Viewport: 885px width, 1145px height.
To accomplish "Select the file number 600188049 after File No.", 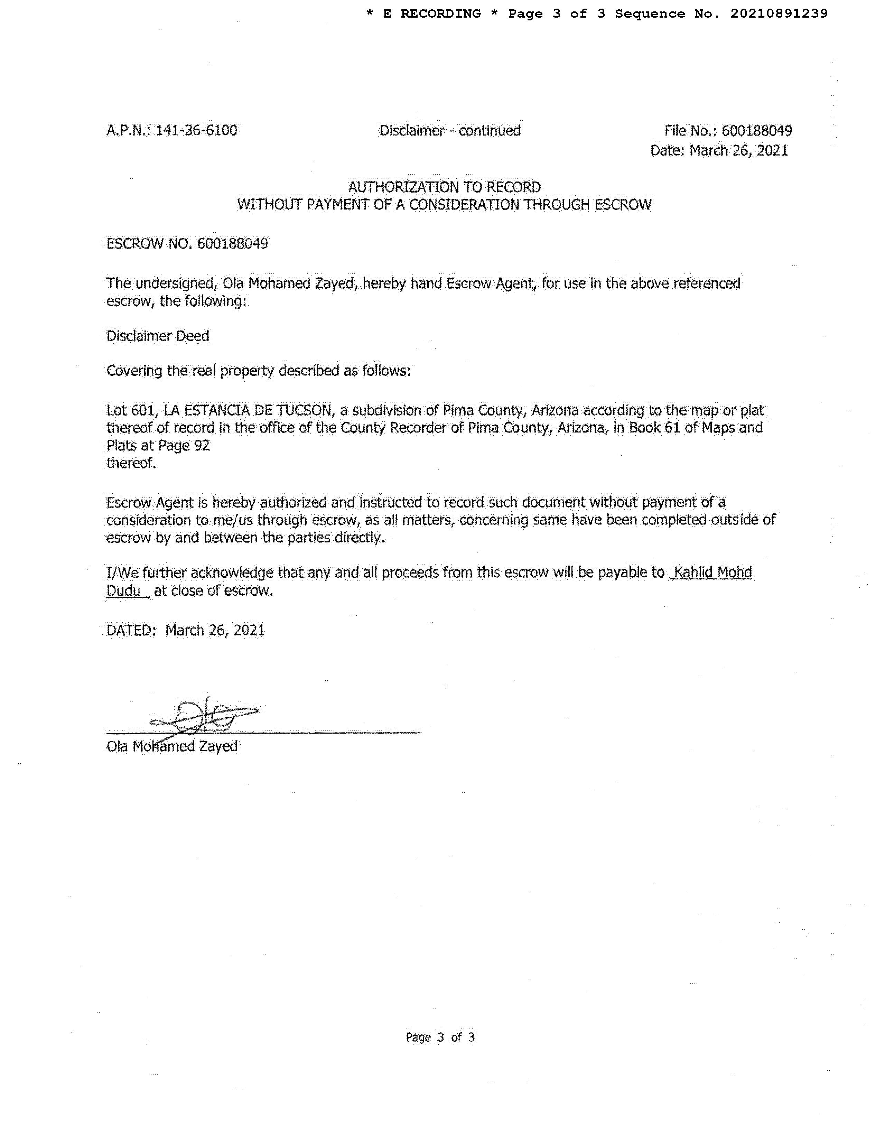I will (x=756, y=131).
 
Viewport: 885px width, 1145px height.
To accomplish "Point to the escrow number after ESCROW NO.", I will (x=232, y=244).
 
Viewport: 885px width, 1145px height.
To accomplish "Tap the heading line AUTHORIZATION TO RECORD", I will (x=445, y=187).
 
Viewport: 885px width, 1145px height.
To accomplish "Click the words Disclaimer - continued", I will (x=450, y=131).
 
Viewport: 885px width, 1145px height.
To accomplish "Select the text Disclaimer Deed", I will (x=158, y=336).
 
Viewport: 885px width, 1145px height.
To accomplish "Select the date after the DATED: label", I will (x=215, y=630).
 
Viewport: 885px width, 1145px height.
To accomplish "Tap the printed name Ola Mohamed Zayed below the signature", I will (x=172, y=746).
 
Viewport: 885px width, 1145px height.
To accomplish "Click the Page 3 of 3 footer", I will (x=440, y=1037).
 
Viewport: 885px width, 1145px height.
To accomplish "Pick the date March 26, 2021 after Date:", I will (x=738, y=151).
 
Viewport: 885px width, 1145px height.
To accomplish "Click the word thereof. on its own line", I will (x=131, y=464).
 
